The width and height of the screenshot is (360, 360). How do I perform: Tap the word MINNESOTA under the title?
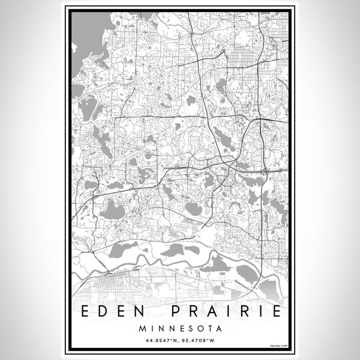point(179,329)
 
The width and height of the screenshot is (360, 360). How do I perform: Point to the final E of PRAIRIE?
point(274,312)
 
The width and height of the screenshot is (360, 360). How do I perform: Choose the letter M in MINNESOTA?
point(141,329)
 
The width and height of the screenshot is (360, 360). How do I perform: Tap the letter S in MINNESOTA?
point(187,329)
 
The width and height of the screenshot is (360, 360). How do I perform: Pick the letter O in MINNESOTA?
point(197,329)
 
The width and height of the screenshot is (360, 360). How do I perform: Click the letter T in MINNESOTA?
point(207,329)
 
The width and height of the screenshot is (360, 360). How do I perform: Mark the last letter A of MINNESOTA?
point(218,329)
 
